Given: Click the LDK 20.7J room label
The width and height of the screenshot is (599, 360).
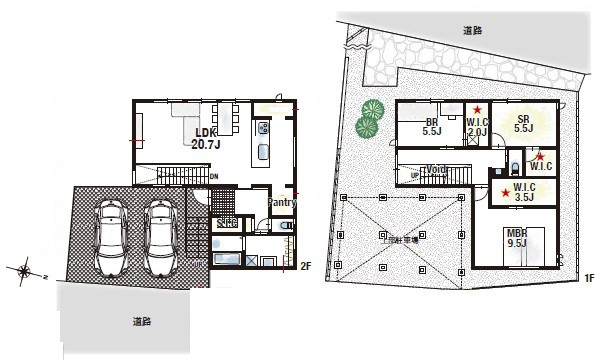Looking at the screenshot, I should click(x=206, y=138).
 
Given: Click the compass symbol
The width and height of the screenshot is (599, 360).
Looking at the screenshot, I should click(x=24, y=269).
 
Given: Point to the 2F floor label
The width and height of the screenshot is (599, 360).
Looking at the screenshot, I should click(x=307, y=266).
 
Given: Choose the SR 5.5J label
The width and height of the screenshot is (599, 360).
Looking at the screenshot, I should click(x=522, y=123).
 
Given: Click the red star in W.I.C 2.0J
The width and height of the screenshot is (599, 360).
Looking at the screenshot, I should click(x=478, y=110).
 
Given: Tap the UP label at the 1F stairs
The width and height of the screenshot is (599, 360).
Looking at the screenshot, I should click(x=415, y=174).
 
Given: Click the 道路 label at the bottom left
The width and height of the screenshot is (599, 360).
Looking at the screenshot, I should click(x=141, y=322).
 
